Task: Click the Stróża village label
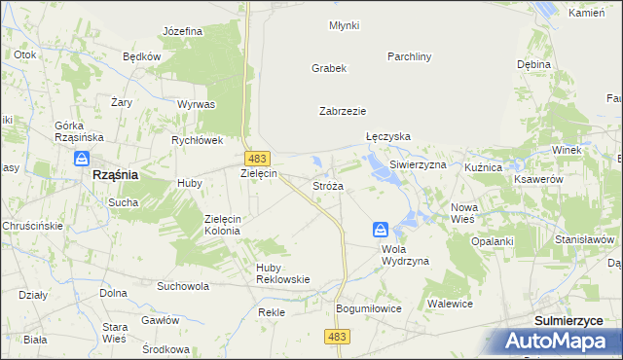[x=327, y=185]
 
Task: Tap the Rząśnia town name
[x=114, y=174]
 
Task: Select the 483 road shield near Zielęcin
[x=258, y=158]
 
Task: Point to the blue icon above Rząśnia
[x=84, y=158]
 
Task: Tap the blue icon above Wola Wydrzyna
[x=381, y=230]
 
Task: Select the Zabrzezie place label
[x=342, y=111]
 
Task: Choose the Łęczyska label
[x=388, y=137]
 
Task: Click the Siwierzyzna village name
[x=418, y=165]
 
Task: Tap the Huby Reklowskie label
[x=282, y=272]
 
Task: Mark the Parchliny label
[x=409, y=56]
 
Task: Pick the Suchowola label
[x=183, y=287]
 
